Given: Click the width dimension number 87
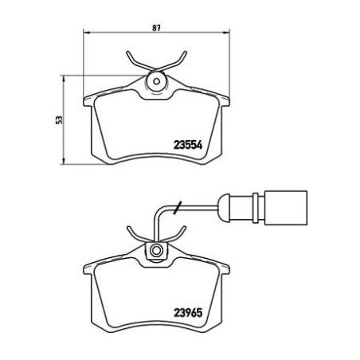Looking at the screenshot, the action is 156,28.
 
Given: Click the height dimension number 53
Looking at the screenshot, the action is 60,119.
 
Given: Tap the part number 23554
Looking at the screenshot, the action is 188,145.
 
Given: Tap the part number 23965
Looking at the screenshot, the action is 188,312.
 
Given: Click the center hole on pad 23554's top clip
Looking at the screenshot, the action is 157,81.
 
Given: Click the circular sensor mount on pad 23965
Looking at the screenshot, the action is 156,251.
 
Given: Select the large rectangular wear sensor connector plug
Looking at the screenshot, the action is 286,208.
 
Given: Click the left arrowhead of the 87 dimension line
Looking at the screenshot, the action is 87,33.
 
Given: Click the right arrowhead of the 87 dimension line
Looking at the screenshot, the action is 226,33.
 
